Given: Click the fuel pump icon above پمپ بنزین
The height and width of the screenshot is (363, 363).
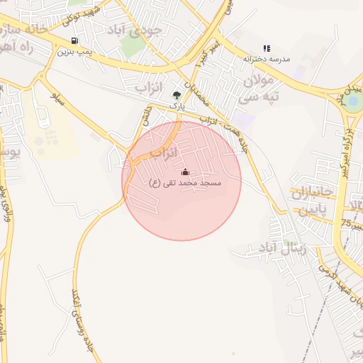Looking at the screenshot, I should click(76, 40).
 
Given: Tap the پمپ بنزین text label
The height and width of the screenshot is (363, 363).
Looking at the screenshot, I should click(76, 52).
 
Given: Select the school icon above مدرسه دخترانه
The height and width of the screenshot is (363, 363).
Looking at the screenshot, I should click(267, 48).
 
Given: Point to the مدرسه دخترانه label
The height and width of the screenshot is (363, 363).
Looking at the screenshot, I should click(267, 59).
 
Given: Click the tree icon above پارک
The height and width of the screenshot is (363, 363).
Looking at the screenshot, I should click(177, 94).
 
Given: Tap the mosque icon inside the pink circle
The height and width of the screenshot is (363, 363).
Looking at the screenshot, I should click(185, 172).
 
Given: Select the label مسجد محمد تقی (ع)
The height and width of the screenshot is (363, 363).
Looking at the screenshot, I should click(185, 183).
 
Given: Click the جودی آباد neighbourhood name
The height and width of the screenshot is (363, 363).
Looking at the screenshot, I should click(135, 29).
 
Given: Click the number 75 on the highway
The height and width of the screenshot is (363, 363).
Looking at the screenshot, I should click(345, 223).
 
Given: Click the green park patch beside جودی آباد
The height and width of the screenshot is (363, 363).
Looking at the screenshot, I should click(131, 46).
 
